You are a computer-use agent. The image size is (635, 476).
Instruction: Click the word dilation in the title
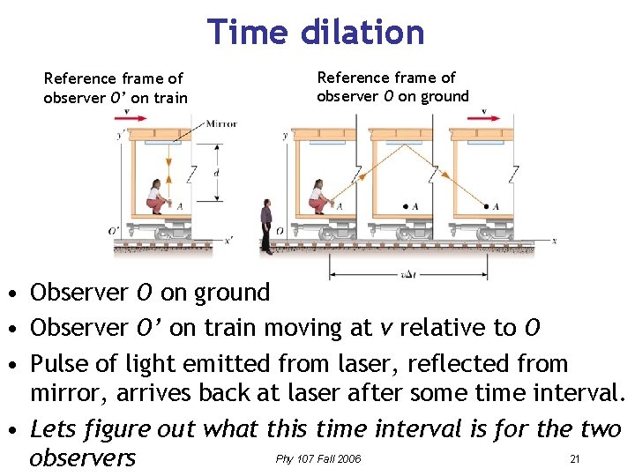pyautogui.click(x=363, y=33)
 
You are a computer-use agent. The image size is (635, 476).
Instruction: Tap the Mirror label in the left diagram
pyautogui.click(x=220, y=124)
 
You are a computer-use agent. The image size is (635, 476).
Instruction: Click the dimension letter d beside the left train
pyautogui.click(x=217, y=174)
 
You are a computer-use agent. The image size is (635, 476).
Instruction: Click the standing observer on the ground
pyautogui.click(x=266, y=226)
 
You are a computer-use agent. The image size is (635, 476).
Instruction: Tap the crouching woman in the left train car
pyautogui.click(x=157, y=197)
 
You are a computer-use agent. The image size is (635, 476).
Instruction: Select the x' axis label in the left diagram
pyautogui.click(x=228, y=239)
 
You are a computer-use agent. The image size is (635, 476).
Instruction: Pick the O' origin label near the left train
pyautogui.click(x=114, y=231)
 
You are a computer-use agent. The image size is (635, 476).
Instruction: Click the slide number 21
pyautogui.click(x=574, y=459)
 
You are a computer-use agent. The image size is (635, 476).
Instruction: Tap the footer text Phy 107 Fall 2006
pyautogui.click(x=318, y=459)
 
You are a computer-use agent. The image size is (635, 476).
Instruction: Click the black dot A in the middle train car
pyautogui.click(x=405, y=206)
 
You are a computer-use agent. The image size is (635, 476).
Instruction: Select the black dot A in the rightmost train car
pyautogui.click(x=485, y=206)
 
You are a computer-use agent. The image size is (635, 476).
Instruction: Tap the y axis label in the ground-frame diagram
pyautogui.click(x=284, y=137)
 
